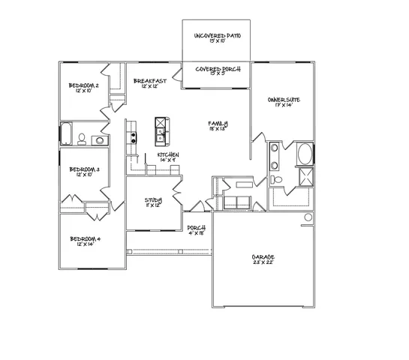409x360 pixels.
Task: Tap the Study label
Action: coord(154,203)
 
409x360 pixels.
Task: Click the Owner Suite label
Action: coord(284,102)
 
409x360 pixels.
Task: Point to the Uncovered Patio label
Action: coord(217,38)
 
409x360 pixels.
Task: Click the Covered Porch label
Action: coord(217,72)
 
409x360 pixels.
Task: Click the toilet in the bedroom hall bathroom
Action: coord(83,138)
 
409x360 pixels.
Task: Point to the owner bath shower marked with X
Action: coord(306,178)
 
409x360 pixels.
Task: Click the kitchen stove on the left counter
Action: coord(132,138)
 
